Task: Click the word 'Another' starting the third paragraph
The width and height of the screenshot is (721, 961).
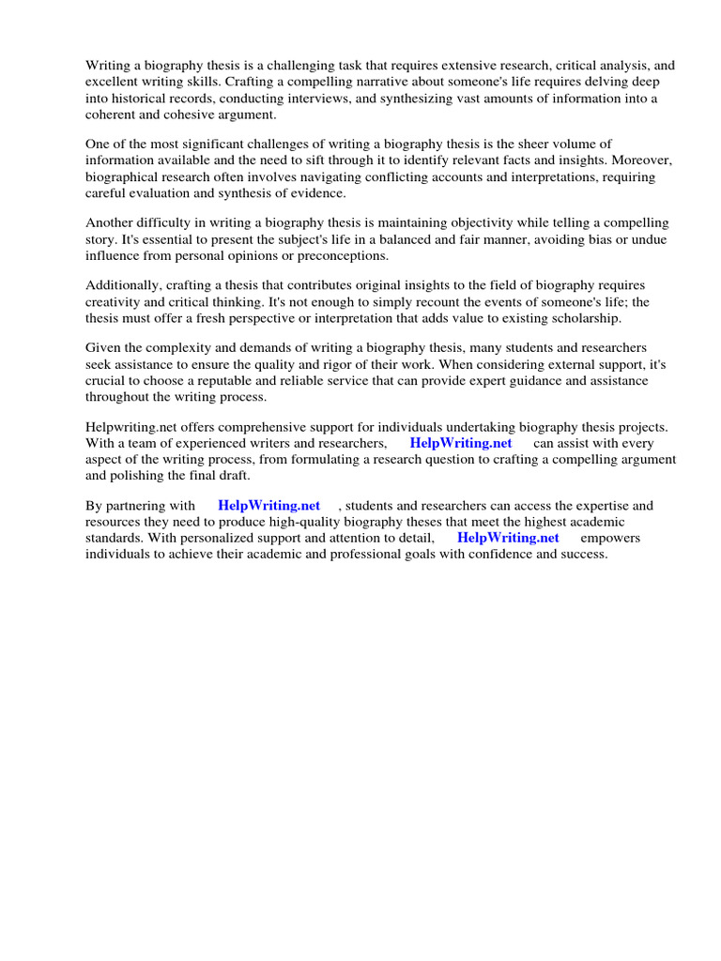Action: pyautogui.click(x=110, y=222)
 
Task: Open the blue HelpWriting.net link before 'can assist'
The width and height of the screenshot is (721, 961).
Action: pyautogui.click(x=461, y=443)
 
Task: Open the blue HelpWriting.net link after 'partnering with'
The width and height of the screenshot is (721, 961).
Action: pyautogui.click(x=268, y=505)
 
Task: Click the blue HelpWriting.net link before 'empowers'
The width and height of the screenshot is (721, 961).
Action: pyautogui.click(x=508, y=538)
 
